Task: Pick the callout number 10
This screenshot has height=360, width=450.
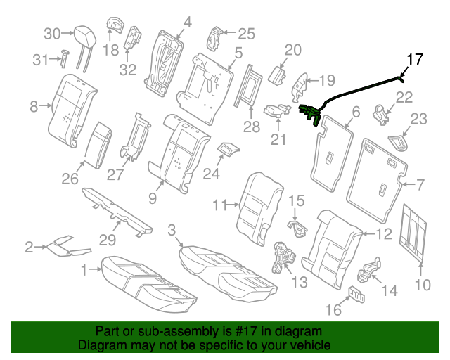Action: [x=422, y=285]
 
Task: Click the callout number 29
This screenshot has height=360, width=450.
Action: [x=107, y=240]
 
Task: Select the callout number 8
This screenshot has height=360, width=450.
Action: [x=34, y=107]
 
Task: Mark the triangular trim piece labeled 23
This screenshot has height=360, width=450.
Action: [x=398, y=141]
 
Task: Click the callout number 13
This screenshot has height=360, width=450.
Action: [x=300, y=282]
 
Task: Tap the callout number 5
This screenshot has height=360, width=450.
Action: [x=238, y=53]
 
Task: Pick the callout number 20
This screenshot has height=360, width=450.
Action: [x=292, y=49]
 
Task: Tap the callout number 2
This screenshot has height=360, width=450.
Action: [x=29, y=247]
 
